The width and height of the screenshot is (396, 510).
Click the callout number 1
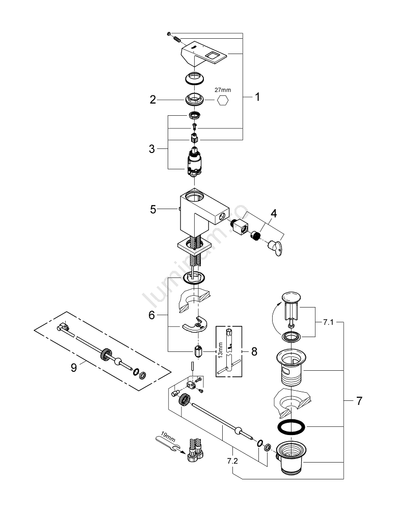257,96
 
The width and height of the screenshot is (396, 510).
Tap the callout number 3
152,149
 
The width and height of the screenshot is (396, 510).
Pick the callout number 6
151,316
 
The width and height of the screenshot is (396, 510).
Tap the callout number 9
74,367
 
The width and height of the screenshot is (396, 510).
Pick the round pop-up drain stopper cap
292,298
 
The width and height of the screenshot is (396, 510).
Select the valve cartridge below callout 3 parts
194,162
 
